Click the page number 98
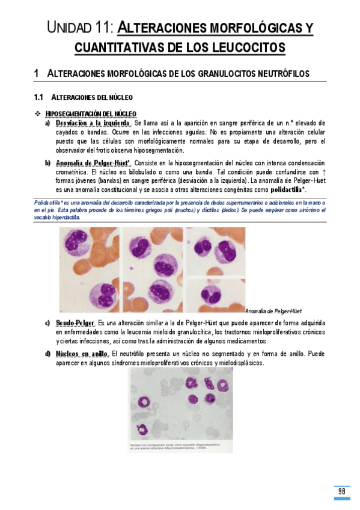click(x=341, y=491)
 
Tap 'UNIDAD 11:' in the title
click(x=79, y=28)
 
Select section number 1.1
click(x=40, y=97)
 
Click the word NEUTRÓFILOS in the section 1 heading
click(x=285, y=73)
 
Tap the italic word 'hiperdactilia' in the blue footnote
click(x=63, y=218)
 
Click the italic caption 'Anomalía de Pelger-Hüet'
click(x=273, y=311)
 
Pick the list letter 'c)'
click(x=47, y=324)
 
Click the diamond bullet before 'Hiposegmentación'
click(x=38, y=114)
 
